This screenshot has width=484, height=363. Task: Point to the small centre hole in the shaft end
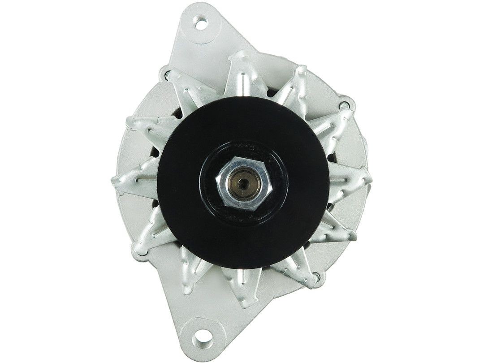241,182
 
